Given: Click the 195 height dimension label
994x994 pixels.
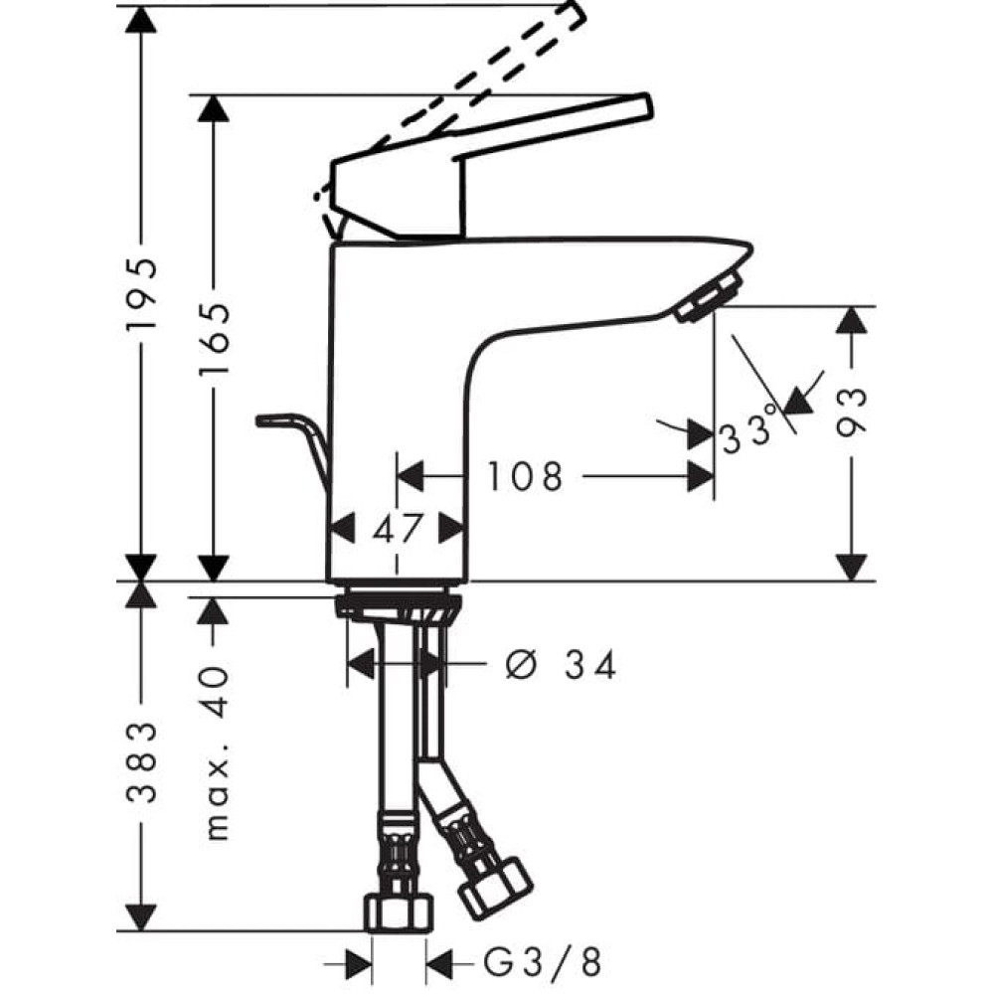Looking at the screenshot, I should click(142, 295).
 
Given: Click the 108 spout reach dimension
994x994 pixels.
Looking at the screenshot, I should click(525, 477).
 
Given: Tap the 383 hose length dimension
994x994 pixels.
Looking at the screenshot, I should click(142, 762).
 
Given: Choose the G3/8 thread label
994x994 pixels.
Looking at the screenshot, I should click(543, 961).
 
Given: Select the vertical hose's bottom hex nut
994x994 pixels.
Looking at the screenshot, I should click(398, 912).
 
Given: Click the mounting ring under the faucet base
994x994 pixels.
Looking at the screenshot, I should click(397, 605).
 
